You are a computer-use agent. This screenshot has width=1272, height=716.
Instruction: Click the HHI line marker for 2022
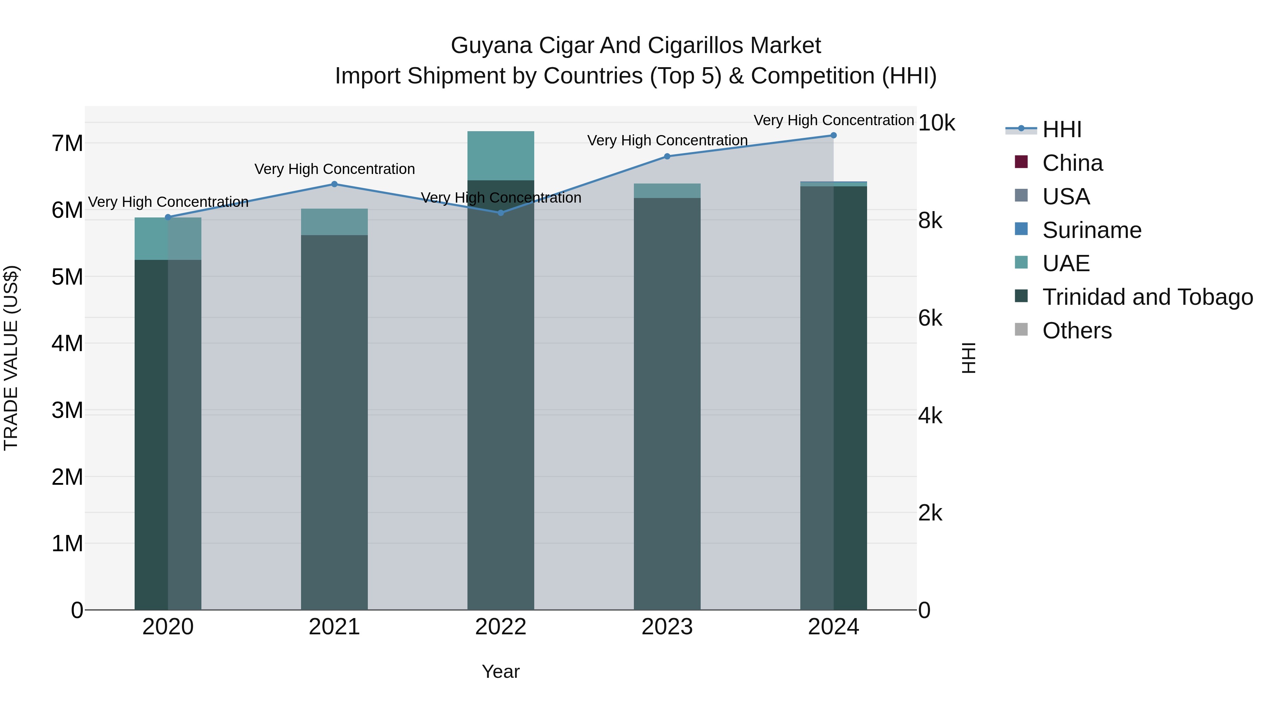click(501, 213)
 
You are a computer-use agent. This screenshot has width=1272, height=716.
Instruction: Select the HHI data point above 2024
click(834, 135)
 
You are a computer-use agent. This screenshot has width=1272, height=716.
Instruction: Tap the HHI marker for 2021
click(334, 184)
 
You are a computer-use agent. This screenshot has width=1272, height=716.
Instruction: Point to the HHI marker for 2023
click(667, 157)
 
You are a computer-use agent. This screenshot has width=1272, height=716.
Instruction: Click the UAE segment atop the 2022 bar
click(501, 156)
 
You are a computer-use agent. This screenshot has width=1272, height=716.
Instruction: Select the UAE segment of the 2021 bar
click(334, 222)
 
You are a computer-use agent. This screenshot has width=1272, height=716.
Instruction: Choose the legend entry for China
click(1072, 163)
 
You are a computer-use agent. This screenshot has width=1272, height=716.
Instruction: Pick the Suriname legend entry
click(1091, 230)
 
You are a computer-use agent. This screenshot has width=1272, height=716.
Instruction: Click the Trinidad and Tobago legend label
click(1147, 297)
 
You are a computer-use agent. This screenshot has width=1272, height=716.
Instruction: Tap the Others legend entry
click(1077, 331)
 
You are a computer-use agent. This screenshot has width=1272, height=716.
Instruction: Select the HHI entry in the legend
click(1062, 129)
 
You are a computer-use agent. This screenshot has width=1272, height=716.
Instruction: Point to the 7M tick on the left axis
click(67, 144)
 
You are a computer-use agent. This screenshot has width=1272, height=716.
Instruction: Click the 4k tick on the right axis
click(930, 416)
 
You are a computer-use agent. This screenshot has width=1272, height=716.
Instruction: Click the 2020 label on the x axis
click(168, 627)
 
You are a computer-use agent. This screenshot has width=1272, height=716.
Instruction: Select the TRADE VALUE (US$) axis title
click(11, 358)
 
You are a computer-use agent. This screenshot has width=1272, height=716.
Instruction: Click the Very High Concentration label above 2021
click(334, 169)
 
